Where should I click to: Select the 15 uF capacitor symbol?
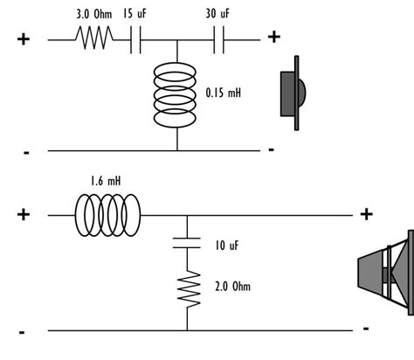(135, 39)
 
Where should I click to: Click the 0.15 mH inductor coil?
(176, 95)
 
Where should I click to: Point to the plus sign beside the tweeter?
(274, 36)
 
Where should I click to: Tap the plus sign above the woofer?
(367, 213)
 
